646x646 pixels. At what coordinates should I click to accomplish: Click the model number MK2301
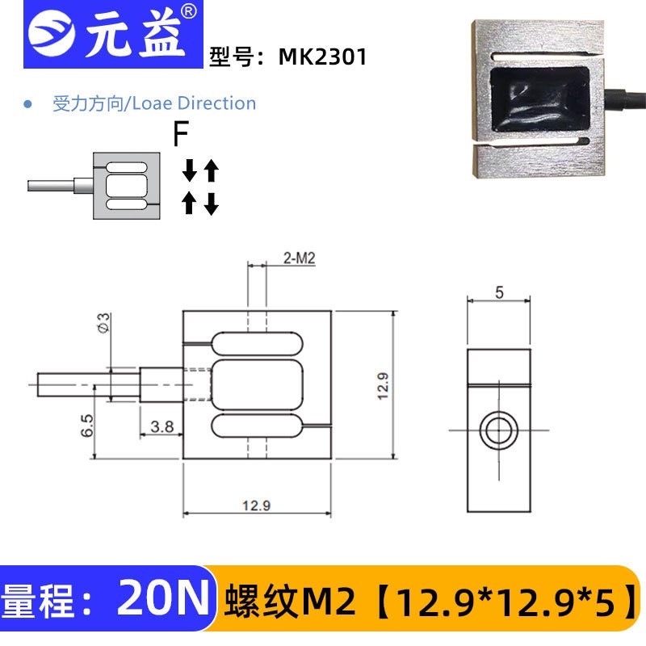coord(322,57)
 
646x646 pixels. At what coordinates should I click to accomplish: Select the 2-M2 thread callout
coord(299,258)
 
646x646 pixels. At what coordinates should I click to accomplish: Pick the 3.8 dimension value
coord(162,426)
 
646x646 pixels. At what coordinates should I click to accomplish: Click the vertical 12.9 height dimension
coord(383,385)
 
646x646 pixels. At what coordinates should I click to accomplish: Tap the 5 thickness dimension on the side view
coord(499,293)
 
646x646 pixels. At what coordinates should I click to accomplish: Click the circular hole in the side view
coord(498,430)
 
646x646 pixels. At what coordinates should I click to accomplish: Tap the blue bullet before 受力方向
coord(28,104)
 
